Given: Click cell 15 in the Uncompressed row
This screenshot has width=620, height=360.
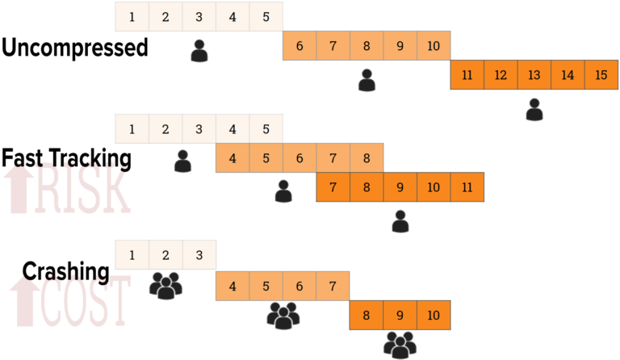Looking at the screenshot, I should click(x=601, y=75).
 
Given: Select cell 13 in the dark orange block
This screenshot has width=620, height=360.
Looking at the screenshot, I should click(x=534, y=75).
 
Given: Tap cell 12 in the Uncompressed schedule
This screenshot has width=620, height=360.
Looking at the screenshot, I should click(x=501, y=75).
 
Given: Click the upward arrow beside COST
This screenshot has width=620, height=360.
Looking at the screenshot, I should click(x=24, y=302).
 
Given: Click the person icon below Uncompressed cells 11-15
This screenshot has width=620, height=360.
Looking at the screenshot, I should click(x=534, y=109).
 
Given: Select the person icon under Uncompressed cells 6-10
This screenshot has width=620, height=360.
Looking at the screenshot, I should click(x=367, y=80).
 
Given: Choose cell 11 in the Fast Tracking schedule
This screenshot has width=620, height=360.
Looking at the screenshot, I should click(x=467, y=186).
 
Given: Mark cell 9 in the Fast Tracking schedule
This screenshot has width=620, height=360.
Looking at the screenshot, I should click(x=400, y=186).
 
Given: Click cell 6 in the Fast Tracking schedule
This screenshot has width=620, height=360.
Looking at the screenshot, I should click(x=300, y=158).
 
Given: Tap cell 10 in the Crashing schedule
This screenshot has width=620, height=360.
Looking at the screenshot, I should click(x=434, y=316).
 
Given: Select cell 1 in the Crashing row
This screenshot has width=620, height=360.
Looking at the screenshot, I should click(x=132, y=256).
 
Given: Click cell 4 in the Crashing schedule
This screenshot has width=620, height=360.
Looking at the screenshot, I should click(x=232, y=286).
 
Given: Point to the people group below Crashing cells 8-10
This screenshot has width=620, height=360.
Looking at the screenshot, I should click(x=400, y=344).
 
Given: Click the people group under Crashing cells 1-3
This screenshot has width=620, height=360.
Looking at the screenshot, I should click(x=165, y=285).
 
